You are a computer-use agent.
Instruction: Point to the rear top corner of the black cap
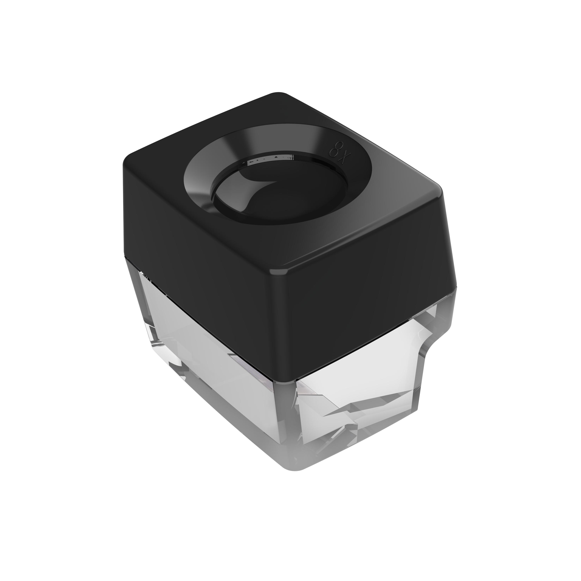point(280,93)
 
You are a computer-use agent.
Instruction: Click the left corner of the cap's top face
point(126,161)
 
